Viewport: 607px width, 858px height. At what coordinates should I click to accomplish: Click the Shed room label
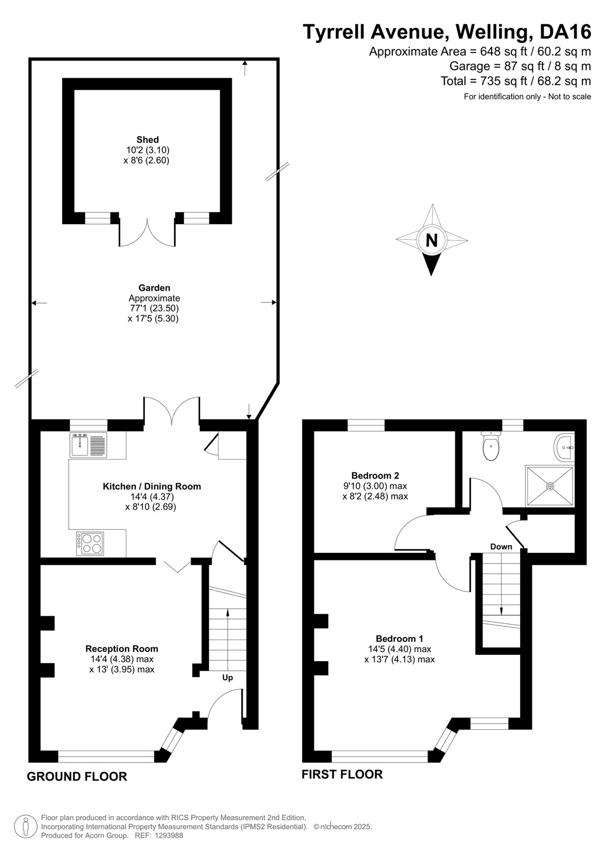[x=148, y=140]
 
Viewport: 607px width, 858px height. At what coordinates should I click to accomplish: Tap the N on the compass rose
[x=432, y=241]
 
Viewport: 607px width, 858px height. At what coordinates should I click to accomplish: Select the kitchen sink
[x=88, y=445]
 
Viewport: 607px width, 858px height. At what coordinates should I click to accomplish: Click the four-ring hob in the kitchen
[x=90, y=544]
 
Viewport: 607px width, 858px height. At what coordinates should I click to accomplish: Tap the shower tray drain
[x=550, y=486]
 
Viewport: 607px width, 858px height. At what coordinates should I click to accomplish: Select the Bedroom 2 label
[x=375, y=476]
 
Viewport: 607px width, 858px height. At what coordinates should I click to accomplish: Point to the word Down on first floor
[x=501, y=546]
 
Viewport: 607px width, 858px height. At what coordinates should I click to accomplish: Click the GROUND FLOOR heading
[x=77, y=776]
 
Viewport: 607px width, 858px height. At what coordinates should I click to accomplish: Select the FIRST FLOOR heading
[x=342, y=774]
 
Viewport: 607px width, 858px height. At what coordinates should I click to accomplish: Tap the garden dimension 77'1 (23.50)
[x=153, y=308]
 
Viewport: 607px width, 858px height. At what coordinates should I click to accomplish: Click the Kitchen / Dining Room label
[x=152, y=486]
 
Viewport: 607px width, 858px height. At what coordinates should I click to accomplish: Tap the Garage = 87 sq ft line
[x=520, y=66]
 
